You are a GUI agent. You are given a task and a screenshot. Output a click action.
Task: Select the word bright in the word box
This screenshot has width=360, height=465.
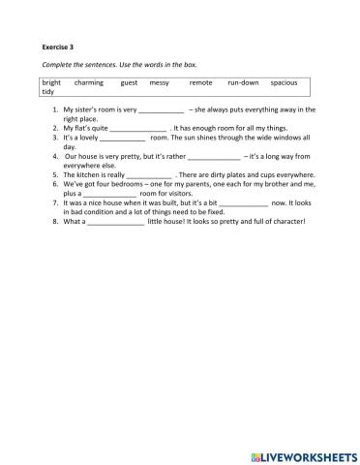[51, 82]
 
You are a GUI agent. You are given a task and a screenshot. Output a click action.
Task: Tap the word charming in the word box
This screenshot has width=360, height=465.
[89, 82]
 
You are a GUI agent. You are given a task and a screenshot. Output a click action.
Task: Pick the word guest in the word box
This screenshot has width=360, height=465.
[130, 82]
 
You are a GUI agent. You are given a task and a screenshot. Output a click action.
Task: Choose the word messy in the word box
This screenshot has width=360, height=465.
[160, 82]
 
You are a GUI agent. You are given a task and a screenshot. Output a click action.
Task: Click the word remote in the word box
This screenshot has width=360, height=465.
[200, 82]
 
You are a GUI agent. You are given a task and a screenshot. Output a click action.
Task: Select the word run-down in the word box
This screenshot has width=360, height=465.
[243, 82]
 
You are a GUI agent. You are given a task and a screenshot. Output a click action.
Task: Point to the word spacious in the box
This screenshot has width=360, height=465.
[285, 82]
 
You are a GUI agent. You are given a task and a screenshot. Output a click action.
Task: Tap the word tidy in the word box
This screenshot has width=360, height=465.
[49, 92]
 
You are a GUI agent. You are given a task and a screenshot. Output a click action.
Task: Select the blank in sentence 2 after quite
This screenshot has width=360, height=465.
[138, 129]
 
